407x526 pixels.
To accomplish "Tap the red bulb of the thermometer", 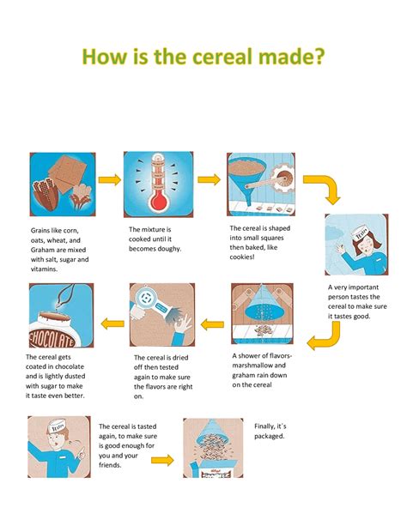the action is [159, 202].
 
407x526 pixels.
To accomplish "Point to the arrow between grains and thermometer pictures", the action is [109, 180].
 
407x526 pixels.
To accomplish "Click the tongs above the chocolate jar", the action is [66, 294].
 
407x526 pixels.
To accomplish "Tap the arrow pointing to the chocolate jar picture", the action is [112, 323].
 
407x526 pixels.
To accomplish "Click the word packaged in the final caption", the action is [269, 436].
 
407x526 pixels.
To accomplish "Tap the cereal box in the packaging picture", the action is [214, 469].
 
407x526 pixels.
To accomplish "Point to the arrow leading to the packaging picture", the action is [162, 460].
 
